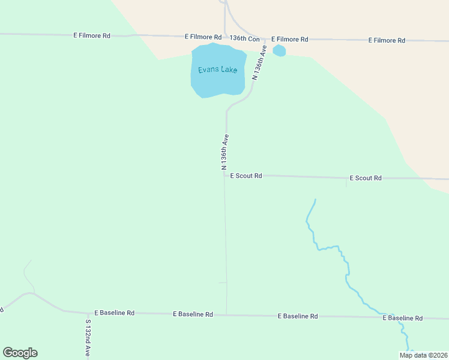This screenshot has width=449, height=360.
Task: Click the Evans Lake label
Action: [x=217, y=70]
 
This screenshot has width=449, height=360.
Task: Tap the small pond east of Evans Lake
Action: [x=279, y=50]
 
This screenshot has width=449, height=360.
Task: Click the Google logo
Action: [x=20, y=353]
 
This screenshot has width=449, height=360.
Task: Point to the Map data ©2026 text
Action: [x=423, y=355]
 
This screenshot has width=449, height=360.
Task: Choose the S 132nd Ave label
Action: [x=88, y=338]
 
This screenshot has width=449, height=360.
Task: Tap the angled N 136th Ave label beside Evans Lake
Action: [x=259, y=62]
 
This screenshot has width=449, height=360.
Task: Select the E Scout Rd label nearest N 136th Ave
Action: [x=246, y=176]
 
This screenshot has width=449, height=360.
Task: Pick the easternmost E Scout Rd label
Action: [x=366, y=178]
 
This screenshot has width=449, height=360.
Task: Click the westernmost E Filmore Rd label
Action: [x=92, y=35]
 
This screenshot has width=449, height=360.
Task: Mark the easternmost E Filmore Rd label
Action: [x=387, y=40]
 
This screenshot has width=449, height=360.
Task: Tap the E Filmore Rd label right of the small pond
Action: [x=289, y=39]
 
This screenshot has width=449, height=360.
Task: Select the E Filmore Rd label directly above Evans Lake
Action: [x=203, y=37]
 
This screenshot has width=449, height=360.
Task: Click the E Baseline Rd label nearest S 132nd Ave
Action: [x=114, y=313]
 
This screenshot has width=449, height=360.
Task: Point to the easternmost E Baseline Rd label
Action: [x=403, y=318]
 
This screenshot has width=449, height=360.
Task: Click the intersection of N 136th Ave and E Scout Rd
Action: [x=225, y=175]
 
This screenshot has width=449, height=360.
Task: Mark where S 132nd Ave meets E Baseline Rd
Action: [x=88, y=313]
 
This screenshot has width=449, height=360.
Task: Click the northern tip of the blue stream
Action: [x=315, y=199]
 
